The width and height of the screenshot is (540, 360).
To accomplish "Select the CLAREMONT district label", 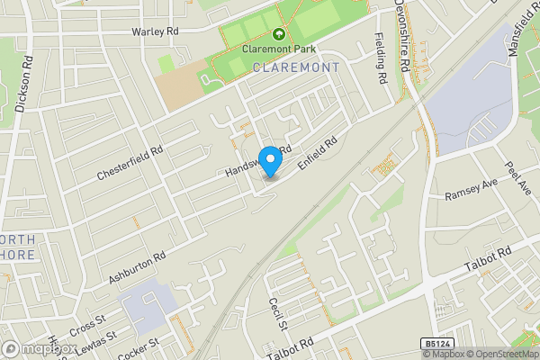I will pos(296,67).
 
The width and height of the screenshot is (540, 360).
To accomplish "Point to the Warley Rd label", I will pos(156,31).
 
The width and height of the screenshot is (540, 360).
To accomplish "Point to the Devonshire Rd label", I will pos(405,40).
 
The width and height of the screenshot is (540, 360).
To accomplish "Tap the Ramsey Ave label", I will pos(471,194).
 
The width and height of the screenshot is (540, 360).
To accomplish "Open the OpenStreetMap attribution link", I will pos(500,354).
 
